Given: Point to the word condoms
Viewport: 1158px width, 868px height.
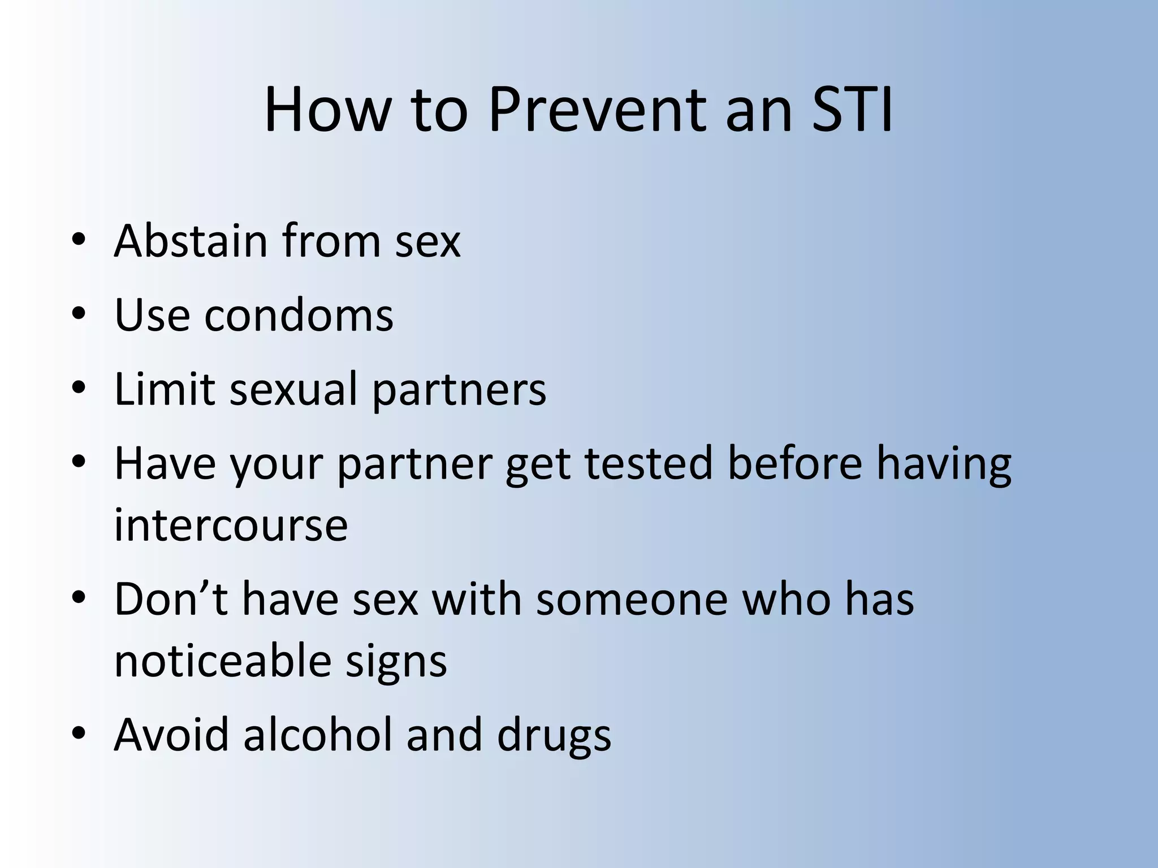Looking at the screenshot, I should coord(299,315).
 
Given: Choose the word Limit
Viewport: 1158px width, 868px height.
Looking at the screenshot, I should coord(165,389).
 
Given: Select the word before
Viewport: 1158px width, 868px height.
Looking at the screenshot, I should coord(794,463).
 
